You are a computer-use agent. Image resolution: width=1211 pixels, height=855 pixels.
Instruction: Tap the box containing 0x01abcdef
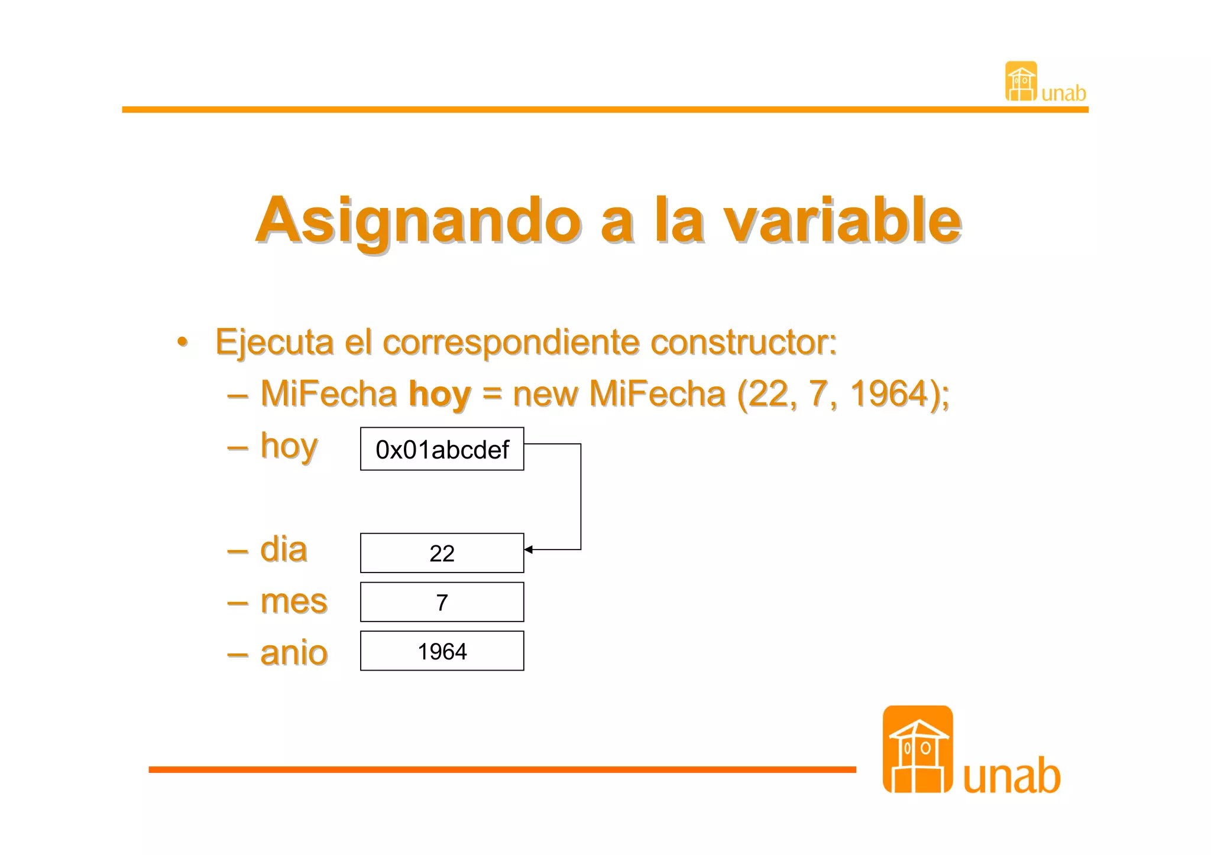point(442,449)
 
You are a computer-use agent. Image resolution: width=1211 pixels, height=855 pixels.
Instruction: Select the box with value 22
point(442,553)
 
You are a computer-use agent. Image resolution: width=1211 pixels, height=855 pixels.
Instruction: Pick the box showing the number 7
point(442,602)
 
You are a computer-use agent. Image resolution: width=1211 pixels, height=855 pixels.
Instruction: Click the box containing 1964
point(442,651)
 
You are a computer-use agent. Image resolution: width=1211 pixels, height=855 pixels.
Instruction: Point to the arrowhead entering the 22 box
point(528,550)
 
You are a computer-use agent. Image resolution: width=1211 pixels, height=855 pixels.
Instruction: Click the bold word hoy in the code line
point(440,394)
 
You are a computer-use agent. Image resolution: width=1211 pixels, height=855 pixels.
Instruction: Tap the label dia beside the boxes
point(284,550)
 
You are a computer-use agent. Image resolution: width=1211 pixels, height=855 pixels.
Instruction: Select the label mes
point(294,602)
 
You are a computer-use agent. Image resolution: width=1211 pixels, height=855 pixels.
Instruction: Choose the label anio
point(294,653)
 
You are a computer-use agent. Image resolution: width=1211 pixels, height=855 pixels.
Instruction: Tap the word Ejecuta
point(274,343)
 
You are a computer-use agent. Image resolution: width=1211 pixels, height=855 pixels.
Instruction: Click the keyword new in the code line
point(545,394)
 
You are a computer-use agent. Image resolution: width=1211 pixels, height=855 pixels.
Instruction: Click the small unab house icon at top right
point(1021,82)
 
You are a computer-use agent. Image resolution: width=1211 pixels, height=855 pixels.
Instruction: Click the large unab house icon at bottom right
point(917,749)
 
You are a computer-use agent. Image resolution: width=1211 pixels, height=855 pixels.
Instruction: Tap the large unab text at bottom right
point(1011,776)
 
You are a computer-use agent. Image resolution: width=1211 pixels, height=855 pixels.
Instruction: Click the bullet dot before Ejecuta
point(183,342)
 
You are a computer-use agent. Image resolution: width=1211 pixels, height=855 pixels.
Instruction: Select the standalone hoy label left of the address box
point(289,447)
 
